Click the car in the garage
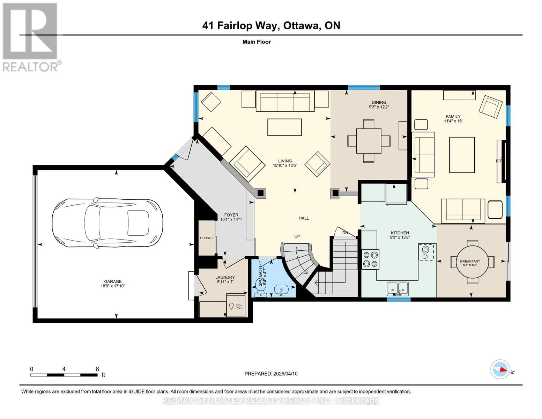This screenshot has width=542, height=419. coord(107,223)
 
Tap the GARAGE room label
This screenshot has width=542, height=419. coord(113,281)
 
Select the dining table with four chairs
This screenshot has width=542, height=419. coord(369,141)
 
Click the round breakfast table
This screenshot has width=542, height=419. coord(472,262)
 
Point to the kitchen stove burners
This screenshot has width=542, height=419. coord(370,259)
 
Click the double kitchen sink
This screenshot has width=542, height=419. coord(398,288)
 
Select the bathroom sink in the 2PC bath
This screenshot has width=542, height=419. coord(281,289)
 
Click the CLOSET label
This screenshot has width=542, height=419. coord(206,238)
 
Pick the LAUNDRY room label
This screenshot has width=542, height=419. coord(225,278)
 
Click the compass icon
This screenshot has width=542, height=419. coord(500,369)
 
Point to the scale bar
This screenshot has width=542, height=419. coord(64,375)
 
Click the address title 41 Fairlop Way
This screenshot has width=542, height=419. coord(271,25)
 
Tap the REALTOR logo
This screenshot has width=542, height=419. coord(31,37)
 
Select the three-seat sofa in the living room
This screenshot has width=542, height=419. coord(285,101)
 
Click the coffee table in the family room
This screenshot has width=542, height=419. coord(462,155)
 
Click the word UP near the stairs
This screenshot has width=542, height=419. coord(297,236)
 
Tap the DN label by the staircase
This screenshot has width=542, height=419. coord(345,233)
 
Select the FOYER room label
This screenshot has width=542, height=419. coord(231,215)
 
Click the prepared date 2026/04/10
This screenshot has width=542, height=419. coord(271,374)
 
